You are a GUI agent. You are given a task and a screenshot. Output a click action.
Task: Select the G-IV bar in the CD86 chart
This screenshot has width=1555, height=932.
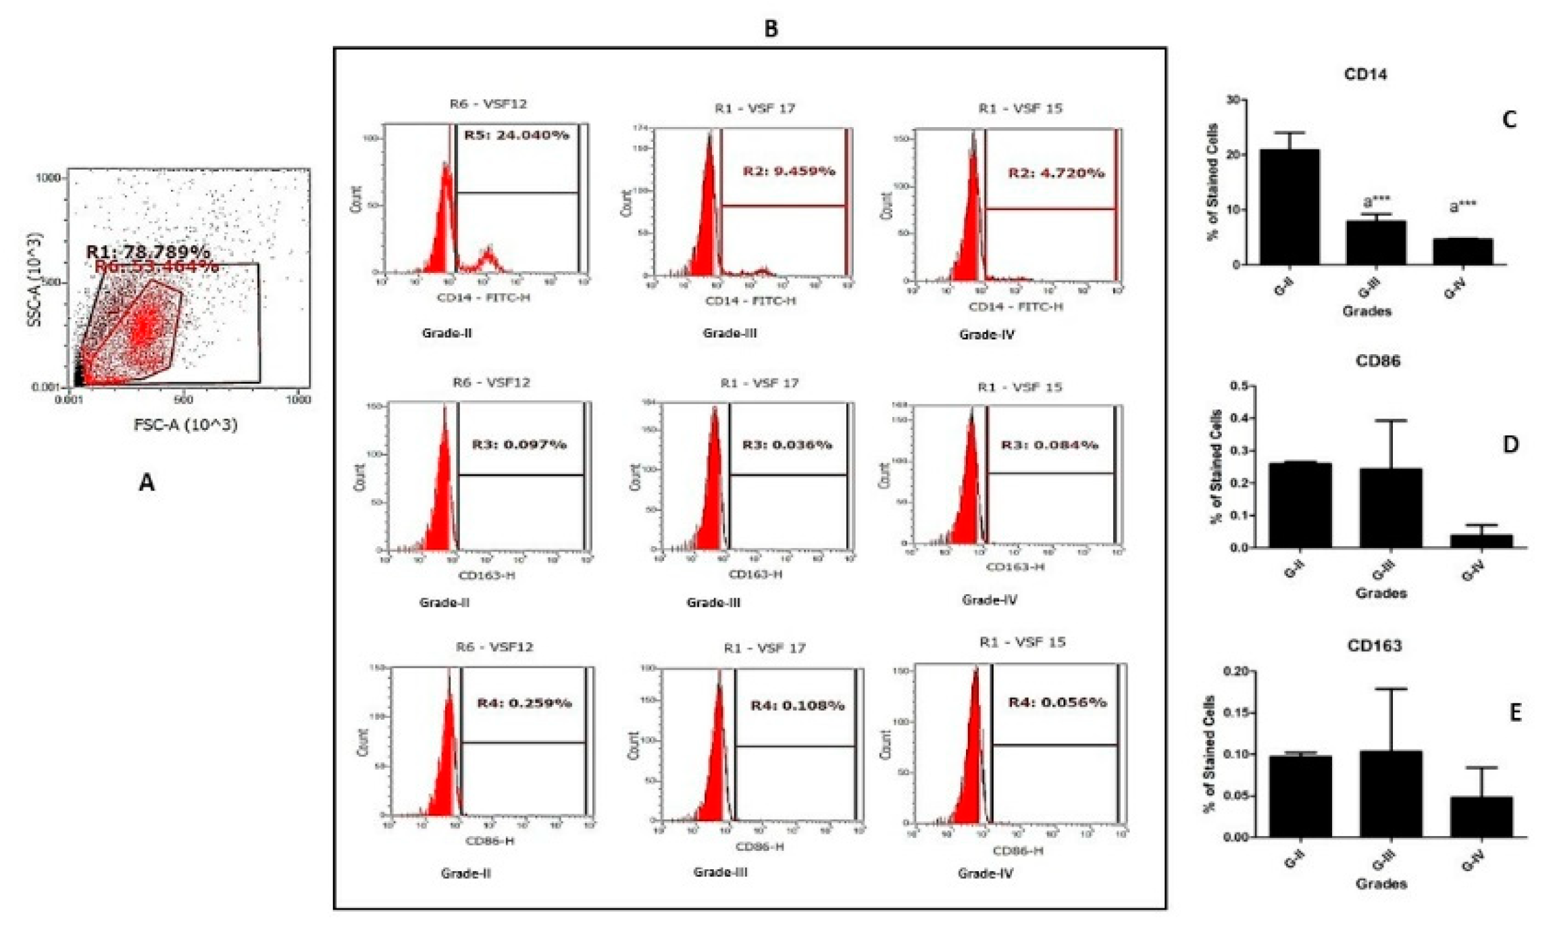[x=1481, y=541]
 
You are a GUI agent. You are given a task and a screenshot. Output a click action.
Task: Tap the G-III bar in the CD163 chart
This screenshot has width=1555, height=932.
[x=1391, y=793]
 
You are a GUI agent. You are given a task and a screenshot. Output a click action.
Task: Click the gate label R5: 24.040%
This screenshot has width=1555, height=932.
[x=516, y=135]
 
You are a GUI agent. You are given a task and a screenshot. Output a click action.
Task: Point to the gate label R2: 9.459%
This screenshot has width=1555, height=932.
[x=788, y=172]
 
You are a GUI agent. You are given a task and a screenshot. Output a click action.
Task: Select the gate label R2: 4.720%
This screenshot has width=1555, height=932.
[x=1056, y=173]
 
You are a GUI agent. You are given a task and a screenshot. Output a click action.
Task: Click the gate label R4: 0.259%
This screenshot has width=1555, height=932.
[x=524, y=703]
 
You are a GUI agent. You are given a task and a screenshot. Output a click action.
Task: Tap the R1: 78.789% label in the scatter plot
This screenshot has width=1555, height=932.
[x=147, y=252]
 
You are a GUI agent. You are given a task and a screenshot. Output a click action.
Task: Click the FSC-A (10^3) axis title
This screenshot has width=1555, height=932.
[x=186, y=425]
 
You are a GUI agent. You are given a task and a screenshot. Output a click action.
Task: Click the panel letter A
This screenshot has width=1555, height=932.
[x=147, y=483]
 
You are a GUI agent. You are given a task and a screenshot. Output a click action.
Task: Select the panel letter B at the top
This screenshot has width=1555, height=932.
[x=771, y=28]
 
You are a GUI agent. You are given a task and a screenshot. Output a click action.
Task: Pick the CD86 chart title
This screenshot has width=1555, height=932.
[x=1377, y=361]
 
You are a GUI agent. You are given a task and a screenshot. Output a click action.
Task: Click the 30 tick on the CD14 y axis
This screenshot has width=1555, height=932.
[x=1233, y=100]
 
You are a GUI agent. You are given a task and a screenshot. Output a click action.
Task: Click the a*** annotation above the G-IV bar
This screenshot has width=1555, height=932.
[x=1462, y=205]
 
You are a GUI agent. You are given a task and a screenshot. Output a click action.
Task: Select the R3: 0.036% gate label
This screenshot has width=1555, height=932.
[x=787, y=445]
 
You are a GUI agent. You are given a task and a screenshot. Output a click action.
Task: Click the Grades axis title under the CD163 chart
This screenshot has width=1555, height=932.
[x=1381, y=884]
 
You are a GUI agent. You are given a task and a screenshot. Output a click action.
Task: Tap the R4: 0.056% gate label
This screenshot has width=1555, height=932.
[x=1057, y=702]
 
